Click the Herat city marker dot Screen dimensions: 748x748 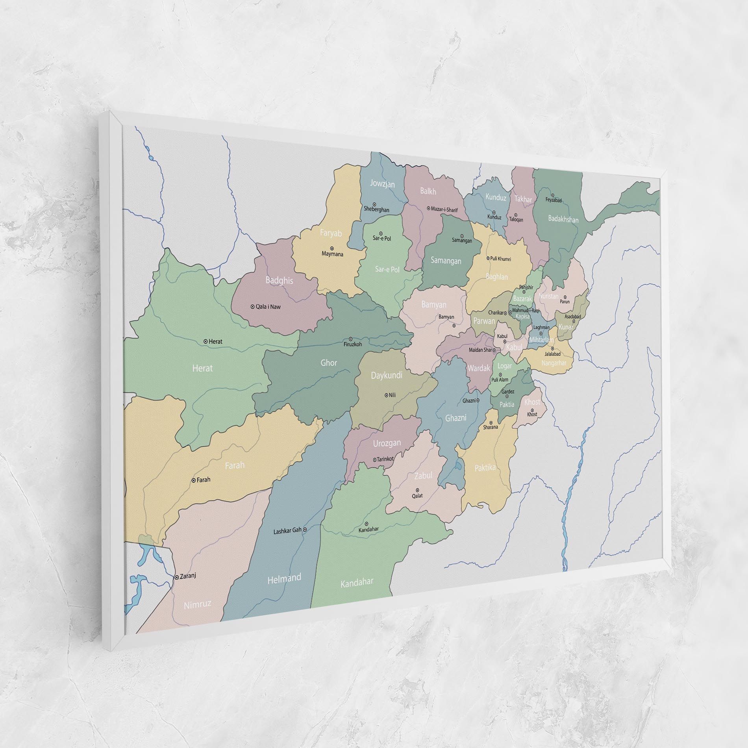[206, 341]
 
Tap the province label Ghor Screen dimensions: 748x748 [328, 363]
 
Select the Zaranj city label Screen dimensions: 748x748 [187, 576]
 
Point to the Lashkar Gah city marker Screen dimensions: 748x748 [305, 530]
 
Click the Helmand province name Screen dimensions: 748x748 [284, 579]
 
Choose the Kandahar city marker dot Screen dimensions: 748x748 [367, 524]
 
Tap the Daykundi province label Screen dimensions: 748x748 [387, 375]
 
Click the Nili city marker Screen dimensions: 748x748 [386, 395]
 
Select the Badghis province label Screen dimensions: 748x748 [279, 281]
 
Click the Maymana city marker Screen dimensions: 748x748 [332, 248]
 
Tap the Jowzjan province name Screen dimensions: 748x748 [382, 183]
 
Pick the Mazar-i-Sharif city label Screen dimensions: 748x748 [444, 210]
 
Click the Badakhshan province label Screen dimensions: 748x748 [563, 219]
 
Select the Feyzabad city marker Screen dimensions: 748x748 [553, 195]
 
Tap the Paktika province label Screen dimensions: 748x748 [485, 467]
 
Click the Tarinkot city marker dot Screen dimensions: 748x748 [374, 459]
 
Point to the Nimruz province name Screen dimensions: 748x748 [198, 604]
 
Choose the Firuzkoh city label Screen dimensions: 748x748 [353, 344]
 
